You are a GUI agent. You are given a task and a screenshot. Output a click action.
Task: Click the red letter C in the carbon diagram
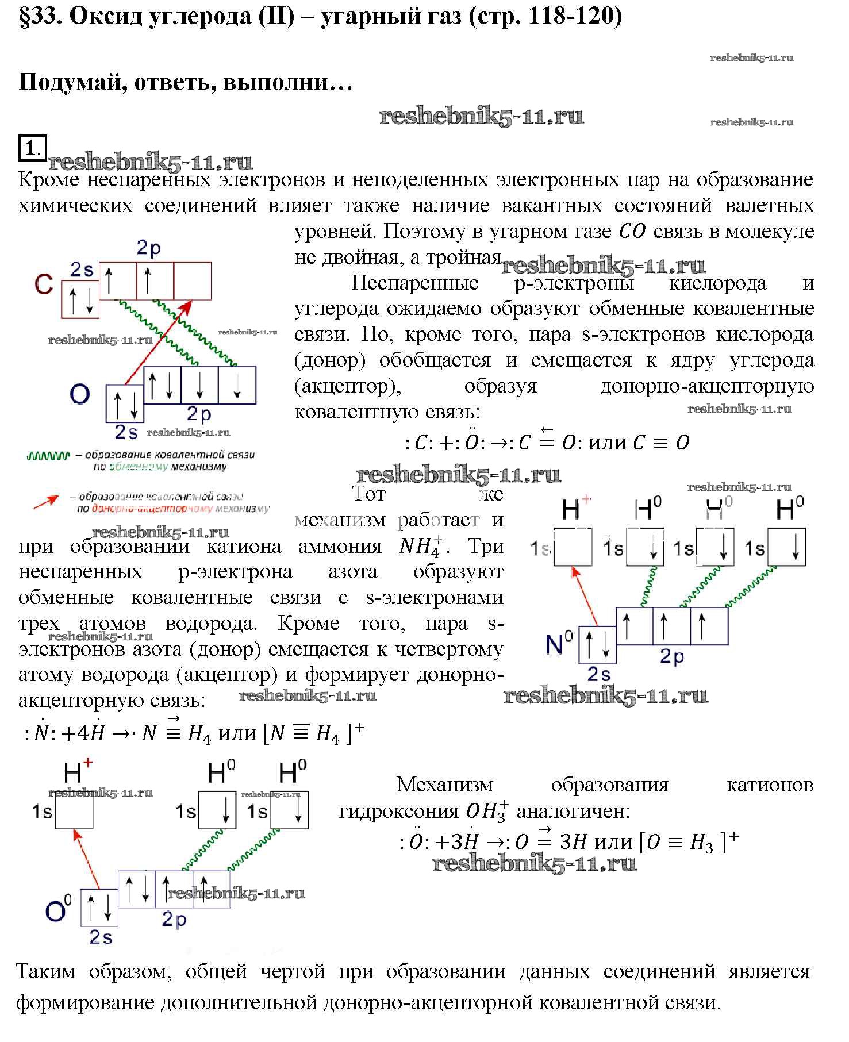coord(44,284)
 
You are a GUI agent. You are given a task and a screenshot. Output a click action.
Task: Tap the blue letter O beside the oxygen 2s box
coord(80,394)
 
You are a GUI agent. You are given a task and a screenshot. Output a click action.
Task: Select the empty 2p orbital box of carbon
coord(192,280)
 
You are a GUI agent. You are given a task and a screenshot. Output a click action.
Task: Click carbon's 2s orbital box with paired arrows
coord(80,299)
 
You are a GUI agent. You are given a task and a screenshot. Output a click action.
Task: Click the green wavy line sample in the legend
coord(47,456)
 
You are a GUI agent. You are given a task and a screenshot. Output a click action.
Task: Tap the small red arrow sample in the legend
coord(46,502)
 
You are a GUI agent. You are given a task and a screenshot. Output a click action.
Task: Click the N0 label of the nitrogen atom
coord(558,644)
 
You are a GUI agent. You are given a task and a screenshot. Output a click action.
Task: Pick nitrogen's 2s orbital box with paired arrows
coord(597,644)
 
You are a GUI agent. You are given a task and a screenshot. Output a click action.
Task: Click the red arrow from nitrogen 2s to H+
coord(585,595)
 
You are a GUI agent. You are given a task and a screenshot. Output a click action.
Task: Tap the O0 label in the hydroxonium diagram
coord(58,911)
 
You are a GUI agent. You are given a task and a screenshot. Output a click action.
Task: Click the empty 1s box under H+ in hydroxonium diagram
coord(74,810)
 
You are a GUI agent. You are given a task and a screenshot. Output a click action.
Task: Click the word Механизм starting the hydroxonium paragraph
coord(444,785)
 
